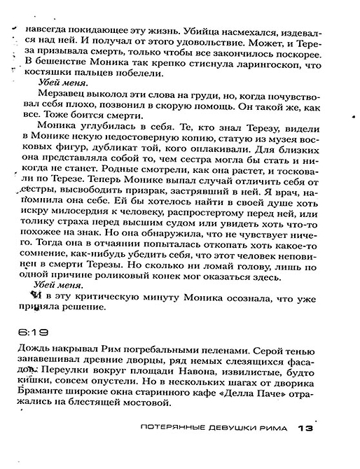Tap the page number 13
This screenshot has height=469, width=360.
tap(307, 428)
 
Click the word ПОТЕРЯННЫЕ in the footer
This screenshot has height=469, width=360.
tap(175, 428)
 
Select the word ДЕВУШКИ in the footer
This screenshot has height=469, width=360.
tap(235, 428)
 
